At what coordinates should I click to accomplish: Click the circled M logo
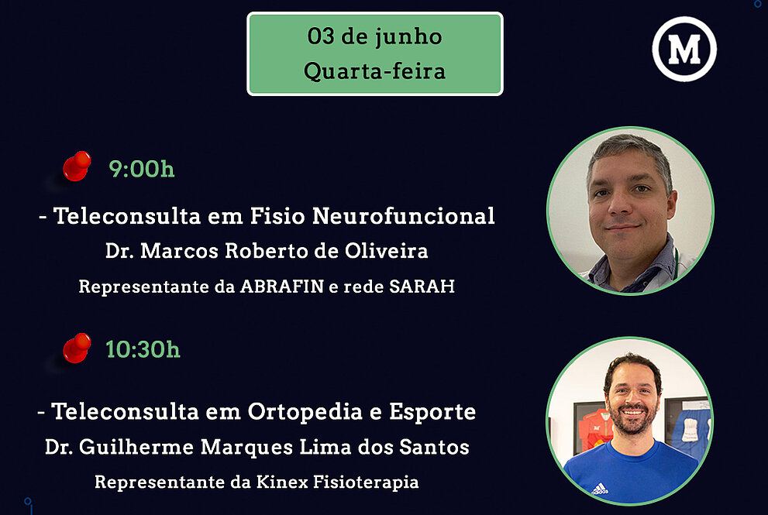click(x=684, y=49)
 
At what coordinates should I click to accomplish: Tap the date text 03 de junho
click(x=374, y=36)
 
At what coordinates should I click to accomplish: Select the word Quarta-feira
click(x=374, y=71)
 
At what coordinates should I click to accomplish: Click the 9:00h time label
click(x=142, y=169)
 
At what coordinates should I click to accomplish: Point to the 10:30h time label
click(x=143, y=349)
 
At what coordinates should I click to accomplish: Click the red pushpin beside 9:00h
click(x=77, y=167)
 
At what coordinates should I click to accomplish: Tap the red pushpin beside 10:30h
click(x=77, y=348)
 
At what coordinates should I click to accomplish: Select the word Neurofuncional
click(x=404, y=216)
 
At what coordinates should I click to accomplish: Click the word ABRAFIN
click(x=282, y=287)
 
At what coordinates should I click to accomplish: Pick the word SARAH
click(x=422, y=287)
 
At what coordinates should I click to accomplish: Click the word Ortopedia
click(x=305, y=412)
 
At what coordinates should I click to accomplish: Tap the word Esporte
click(x=432, y=412)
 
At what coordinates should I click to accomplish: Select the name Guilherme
click(x=136, y=447)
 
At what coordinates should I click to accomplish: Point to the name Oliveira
click(x=387, y=251)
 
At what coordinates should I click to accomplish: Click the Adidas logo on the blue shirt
click(x=600, y=489)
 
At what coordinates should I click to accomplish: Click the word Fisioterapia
click(x=366, y=482)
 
